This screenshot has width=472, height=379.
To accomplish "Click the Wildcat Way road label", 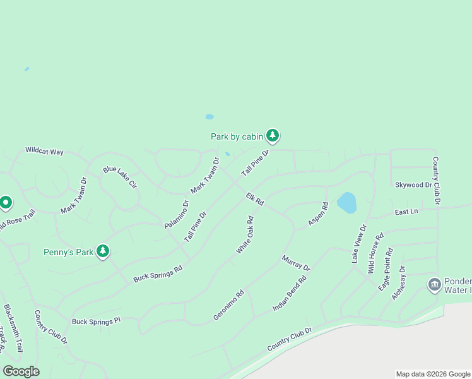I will click(44, 152).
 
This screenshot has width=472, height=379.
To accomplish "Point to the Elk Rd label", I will click(254, 198).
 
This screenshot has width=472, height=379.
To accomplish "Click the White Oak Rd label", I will click(245, 236).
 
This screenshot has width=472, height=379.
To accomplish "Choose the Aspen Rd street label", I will click(318, 215).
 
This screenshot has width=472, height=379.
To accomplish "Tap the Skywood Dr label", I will click(413, 185).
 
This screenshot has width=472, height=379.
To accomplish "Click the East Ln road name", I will click(406, 212).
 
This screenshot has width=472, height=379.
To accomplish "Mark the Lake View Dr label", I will click(358, 244).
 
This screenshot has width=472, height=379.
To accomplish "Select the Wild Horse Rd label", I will click(375, 254).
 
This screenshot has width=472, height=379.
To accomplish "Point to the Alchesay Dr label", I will click(399, 282).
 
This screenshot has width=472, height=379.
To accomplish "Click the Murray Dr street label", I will click(296, 263).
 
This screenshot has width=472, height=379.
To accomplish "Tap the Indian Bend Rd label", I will click(289, 292).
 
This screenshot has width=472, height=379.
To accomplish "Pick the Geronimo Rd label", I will click(228, 305).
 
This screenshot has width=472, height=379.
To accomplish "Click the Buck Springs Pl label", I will click(96, 322).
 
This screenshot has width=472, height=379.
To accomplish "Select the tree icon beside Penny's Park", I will click(103, 251).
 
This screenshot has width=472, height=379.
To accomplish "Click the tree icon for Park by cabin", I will click(273, 135).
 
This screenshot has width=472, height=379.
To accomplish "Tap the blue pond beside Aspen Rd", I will click(346, 203).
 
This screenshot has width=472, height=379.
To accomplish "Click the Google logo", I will click(21, 371).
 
